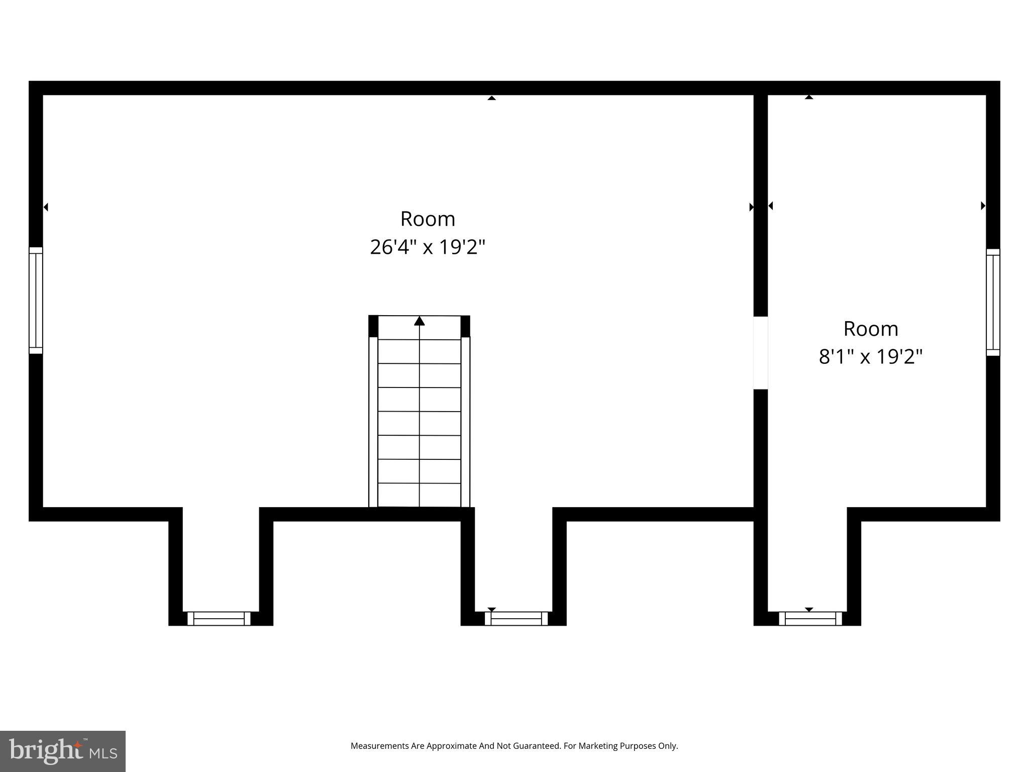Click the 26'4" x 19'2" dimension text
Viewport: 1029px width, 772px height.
(428, 247)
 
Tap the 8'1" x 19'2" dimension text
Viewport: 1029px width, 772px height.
(871, 357)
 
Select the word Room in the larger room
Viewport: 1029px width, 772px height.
(428, 219)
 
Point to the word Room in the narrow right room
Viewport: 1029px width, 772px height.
(871, 329)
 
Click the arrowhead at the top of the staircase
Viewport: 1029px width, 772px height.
(420, 321)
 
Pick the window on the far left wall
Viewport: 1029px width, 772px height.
(36, 301)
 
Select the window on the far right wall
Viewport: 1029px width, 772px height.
(993, 303)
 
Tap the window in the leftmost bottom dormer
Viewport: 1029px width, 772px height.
(219, 618)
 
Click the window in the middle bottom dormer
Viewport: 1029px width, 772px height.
(516, 618)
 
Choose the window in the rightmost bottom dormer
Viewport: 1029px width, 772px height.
(810, 618)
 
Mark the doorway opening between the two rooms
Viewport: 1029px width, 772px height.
(761, 353)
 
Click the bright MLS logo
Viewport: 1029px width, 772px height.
(63, 751)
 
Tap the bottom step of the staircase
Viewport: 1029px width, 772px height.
(420, 495)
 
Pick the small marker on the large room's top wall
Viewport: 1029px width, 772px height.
(492, 98)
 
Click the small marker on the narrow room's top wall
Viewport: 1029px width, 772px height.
(809, 97)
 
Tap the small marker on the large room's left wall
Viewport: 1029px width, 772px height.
(46, 207)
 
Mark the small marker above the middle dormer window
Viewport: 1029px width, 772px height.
(492, 610)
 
